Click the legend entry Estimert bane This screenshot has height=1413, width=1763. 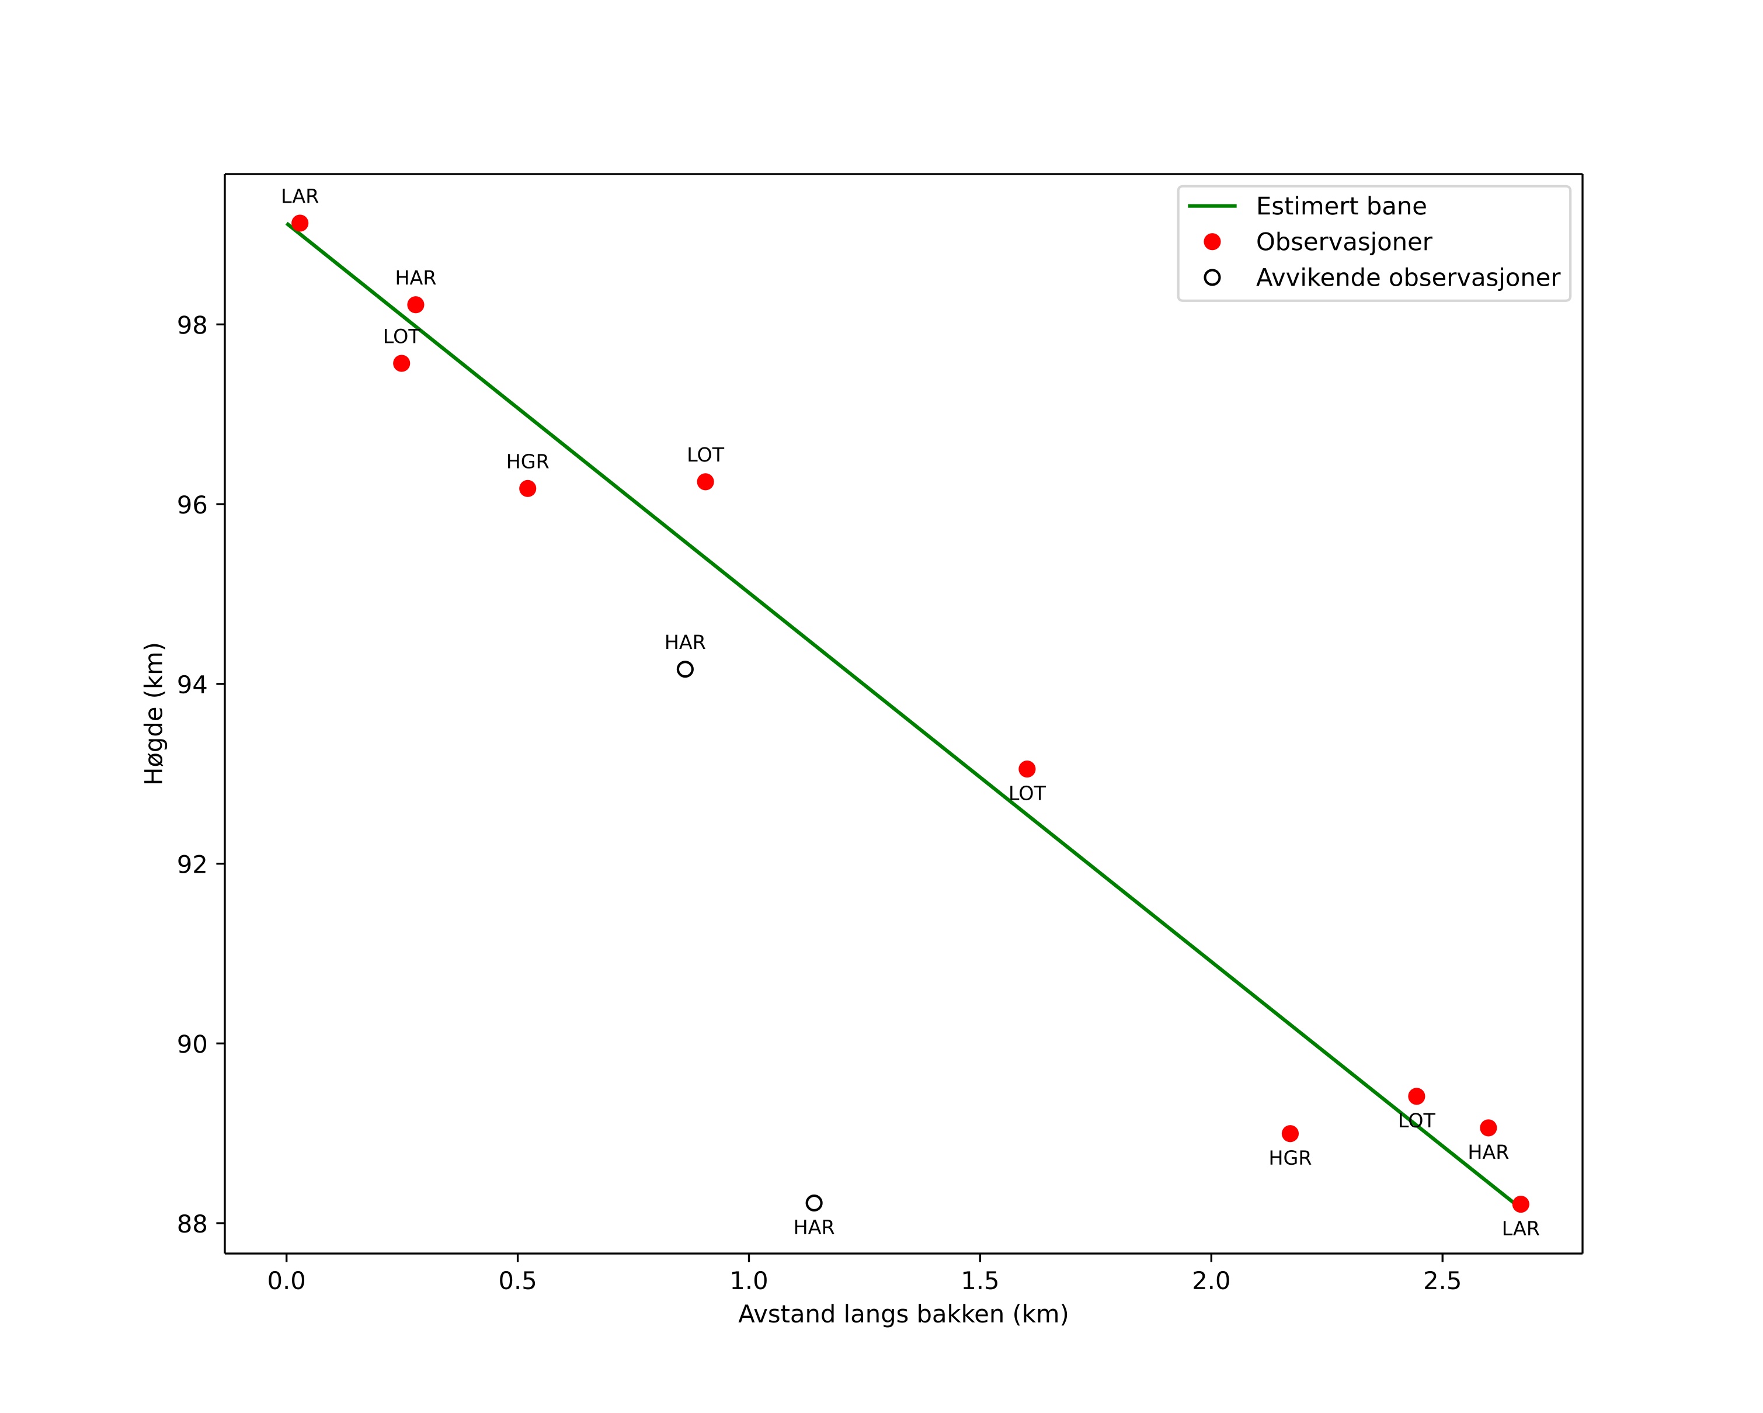[x=1340, y=206]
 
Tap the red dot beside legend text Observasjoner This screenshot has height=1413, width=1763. [x=1212, y=242]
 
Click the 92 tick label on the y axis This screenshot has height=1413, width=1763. [x=192, y=865]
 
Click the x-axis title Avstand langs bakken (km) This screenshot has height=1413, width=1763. [x=903, y=1314]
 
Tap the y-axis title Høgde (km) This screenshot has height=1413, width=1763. [x=154, y=713]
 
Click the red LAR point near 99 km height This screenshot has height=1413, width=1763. [x=300, y=223]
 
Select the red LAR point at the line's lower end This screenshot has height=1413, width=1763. [x=1520, y=1204]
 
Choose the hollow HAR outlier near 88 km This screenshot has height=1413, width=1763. [x=813, y=1203]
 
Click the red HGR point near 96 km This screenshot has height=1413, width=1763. [x=527, y=488]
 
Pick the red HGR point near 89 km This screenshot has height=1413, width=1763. [x=1289, y=1133]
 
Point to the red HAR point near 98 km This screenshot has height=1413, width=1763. [x=415, y=305]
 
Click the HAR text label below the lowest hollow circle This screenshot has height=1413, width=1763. [x=813, y=1227]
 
